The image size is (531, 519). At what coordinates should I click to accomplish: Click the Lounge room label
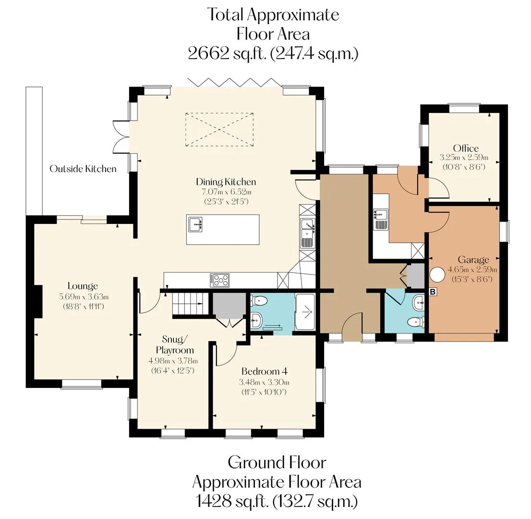(83, 286)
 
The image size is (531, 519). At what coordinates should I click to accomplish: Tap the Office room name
(466, 148)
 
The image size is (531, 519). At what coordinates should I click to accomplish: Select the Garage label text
(473, 260)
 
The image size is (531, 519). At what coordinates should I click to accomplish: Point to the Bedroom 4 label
(265, 371)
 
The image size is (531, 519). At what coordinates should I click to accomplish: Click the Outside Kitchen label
(83, 169)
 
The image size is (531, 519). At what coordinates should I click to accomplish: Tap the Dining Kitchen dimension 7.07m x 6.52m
(227, 192)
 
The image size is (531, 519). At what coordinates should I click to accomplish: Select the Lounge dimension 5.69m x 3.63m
(84, 297)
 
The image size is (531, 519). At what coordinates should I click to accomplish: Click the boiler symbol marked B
(433, 292)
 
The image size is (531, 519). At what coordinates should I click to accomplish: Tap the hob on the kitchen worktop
(219, 280)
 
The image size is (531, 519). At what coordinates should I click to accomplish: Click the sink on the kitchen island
(196, 224)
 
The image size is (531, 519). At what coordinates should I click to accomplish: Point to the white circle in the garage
(437, 274)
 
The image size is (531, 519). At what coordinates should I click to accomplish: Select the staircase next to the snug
(190, 304)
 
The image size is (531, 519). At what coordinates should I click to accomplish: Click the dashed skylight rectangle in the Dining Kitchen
(219, 129)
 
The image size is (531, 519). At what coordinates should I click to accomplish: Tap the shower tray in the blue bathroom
(305, 311)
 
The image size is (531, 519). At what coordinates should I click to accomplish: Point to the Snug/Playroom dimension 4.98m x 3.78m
(173, 361)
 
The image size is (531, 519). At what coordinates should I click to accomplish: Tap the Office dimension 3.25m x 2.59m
(464, 157)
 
